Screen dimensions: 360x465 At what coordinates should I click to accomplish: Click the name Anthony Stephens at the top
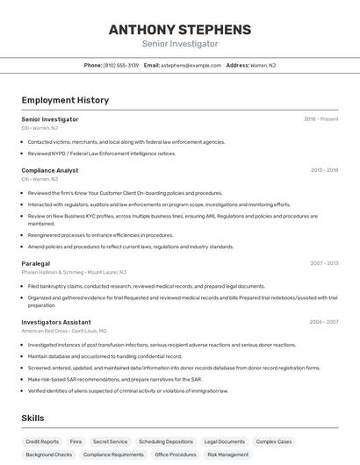179,29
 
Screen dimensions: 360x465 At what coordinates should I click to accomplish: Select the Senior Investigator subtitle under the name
179,44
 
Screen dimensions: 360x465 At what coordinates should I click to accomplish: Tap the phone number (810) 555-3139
121,65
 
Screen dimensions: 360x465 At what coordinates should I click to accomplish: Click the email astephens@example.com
191,65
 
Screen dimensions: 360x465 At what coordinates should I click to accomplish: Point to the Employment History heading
65,100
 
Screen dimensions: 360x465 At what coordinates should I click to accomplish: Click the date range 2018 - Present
321,118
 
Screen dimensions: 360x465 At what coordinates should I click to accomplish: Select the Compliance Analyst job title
50,170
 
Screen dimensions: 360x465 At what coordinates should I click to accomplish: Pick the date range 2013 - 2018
324,170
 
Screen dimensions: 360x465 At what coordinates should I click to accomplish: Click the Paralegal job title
36,263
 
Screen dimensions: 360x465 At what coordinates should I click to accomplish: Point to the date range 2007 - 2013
324,263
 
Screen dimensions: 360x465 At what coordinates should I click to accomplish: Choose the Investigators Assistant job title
56,322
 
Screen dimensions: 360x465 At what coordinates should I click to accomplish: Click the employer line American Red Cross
63,331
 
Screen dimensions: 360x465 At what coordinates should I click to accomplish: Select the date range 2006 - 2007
324,322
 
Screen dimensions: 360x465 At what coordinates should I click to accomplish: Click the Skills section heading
32,418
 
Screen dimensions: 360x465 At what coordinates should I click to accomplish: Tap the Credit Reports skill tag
42,442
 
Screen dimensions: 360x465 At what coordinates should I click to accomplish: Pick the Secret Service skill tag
111,442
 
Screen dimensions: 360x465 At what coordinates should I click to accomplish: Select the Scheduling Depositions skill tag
166,442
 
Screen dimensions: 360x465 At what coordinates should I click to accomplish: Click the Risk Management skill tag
227,455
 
